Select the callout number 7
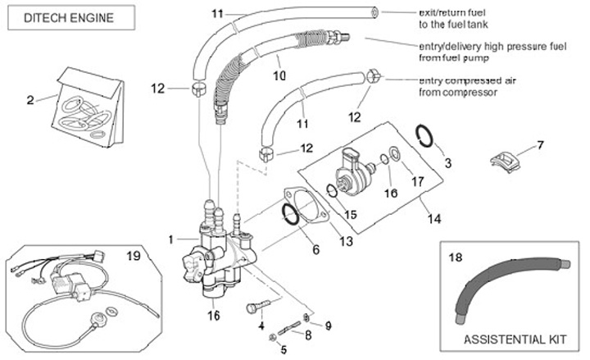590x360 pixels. coord(540,145)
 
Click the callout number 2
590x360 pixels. coord(30,101)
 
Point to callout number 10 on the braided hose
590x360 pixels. coord(278,75)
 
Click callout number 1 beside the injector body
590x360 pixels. coord(170,239)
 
